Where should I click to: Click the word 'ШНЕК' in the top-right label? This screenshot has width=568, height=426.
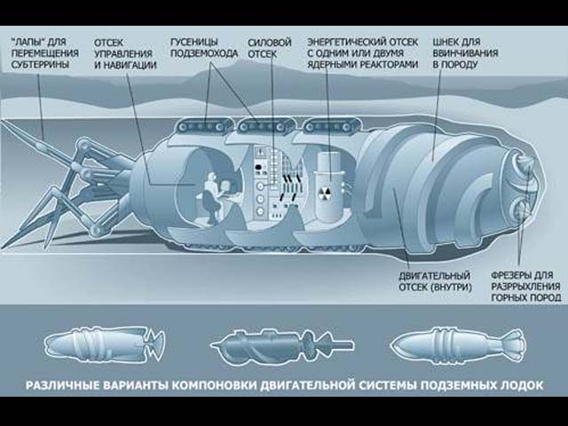pyautogui.click(x=446, y=41)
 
